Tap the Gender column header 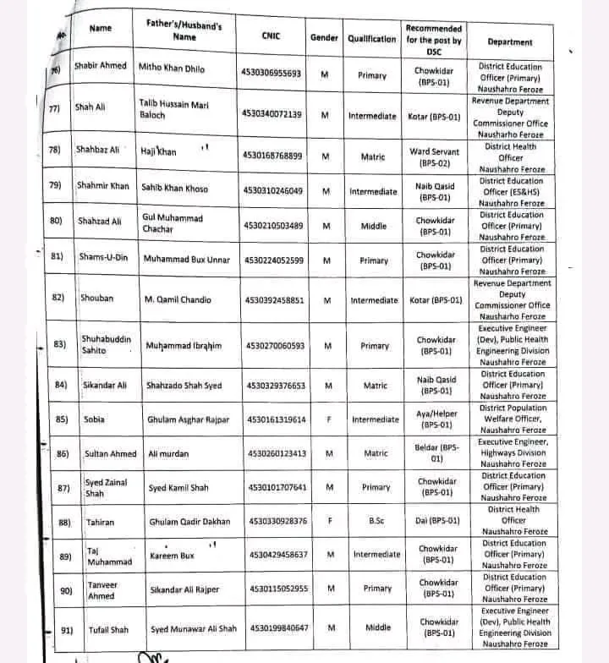[324, 38]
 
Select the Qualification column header [371, 39]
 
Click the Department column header [510, 41]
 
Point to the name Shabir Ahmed [101, 66]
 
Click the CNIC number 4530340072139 [272, 113]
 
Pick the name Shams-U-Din [104, 258]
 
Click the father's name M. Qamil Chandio [178, 299]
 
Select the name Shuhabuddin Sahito [106, 344]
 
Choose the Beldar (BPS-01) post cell [437, 453]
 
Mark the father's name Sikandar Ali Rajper [183, 589]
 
